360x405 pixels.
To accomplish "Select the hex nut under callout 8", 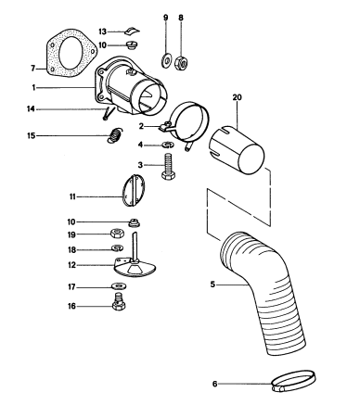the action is click(x=182, y=63).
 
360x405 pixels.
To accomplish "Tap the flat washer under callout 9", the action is click(x=166, y=60).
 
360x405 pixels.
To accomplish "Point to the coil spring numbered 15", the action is click(x=115, y=135).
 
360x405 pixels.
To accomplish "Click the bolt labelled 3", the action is click(x=168, y=167).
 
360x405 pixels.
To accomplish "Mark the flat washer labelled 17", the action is click(x=117, y=286).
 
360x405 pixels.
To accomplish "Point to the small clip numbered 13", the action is click(x=132, y=31).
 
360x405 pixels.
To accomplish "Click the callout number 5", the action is click(x=212, y=285).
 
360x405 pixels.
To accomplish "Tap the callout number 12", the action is click(x=71, y=265).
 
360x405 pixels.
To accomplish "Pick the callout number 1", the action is click(x=33, y=87).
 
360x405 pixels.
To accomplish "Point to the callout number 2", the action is click(x=141, y=126).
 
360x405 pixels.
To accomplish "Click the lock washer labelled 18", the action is click(x=117, y=247).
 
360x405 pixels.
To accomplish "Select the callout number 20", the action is click(x=238, y=97).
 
